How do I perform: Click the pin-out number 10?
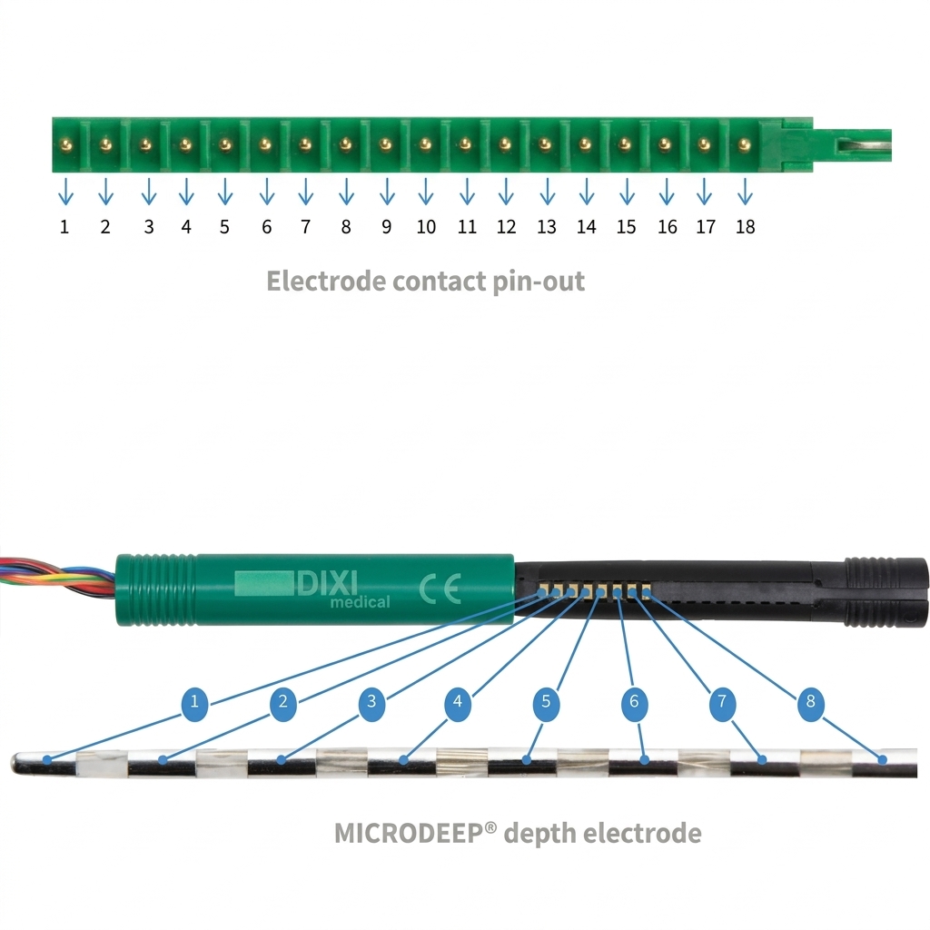pos(426,226)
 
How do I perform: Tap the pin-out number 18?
pos(745,226)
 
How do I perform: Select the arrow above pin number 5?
pos(225,191)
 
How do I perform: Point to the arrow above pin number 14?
pos(587,191)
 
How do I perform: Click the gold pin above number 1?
pos(65,144)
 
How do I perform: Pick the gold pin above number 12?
pos(505,144)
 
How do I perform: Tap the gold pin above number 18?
pos(745,144)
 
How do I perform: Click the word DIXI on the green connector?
pos(327,584)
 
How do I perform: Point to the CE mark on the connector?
pos(440,589)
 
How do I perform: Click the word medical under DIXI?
pos(360,602)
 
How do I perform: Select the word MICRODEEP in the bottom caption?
pos(410,834)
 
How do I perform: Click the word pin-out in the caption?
pos(539,282)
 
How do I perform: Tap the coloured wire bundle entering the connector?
pos(57,575)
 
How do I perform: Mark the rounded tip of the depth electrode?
pos(18,763)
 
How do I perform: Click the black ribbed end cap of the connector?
pos(885,592)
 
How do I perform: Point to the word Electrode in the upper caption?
pos(326,282)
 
